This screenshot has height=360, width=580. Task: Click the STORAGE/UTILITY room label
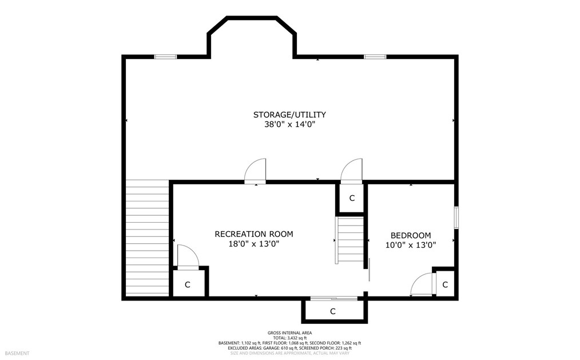point(289,114)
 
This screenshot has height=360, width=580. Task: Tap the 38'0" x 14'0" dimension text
point(289,125)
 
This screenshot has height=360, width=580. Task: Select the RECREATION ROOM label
point(254,234)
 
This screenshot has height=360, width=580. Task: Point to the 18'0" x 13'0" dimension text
point(253,244)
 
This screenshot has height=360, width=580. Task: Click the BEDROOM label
point(411,235)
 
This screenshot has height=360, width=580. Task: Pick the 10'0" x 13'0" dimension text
point(411,245)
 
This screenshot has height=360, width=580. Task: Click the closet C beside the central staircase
point(352,198)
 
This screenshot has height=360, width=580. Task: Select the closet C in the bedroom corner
point(445,284)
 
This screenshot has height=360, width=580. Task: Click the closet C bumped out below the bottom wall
point(332,311)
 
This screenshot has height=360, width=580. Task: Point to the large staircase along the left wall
point(147,238)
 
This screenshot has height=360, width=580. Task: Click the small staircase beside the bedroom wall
point(349,240)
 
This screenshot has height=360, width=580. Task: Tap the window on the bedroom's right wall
point(456,217)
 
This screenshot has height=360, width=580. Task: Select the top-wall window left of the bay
point(165,57)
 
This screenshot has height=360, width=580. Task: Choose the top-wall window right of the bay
point(375,57)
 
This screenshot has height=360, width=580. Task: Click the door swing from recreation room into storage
point(255,171)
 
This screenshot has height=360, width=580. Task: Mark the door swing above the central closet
point(351,171)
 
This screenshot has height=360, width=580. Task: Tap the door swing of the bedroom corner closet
point(422,284)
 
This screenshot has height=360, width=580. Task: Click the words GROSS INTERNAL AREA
point(289,333)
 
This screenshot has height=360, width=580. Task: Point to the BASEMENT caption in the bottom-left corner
point(17,353)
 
